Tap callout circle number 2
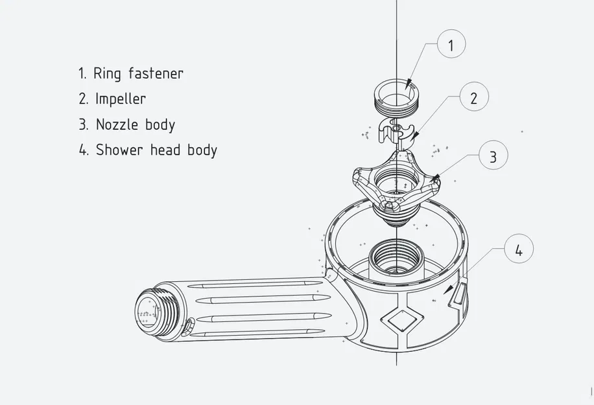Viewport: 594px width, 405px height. coord(473,98)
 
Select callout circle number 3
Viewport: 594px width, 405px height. coord(493,156)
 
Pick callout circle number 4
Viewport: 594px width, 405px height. coord(518,250)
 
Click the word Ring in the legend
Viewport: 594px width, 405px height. coord(107,73)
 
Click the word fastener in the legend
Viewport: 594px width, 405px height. coord(156,73)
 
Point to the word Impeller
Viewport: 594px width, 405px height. coord(121,99)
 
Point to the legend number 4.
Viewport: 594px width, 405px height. coord(83,150)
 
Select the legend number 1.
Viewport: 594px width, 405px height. coord(82,73)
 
